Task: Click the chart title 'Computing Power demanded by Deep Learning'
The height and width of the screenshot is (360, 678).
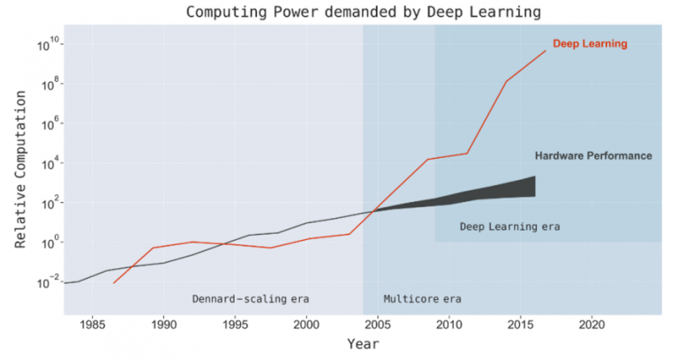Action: tap(362, 12)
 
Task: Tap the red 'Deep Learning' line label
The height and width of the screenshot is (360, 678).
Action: tap(590, 44)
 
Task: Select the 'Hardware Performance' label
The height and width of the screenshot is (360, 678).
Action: tap(593, 156)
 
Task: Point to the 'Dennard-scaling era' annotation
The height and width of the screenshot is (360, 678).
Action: tap(251, 298)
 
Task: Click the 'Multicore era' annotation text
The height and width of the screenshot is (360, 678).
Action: tap(422, 298)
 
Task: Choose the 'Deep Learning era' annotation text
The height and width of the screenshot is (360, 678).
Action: tap(509, 227)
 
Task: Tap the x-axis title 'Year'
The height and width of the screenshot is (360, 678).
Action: tap(362, 343)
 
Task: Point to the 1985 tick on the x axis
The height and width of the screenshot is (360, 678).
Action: tap(93, 324)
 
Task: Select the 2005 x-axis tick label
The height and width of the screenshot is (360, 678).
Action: tap(378, 324)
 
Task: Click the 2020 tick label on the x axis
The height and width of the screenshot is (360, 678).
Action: tap(591, 324)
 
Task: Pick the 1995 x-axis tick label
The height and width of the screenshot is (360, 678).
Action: tap(236, 324)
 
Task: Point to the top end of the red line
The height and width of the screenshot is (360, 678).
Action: tap(546, 50)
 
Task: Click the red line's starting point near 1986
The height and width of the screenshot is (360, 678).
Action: tap(114, 282)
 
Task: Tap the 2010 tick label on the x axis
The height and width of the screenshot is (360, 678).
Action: tap(449, 324)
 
